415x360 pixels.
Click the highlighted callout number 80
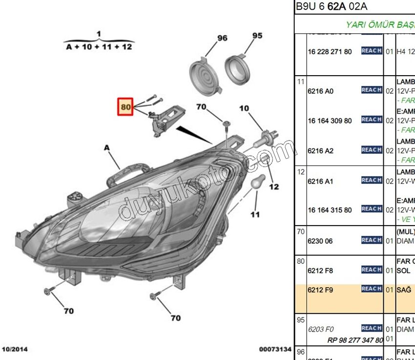[126, 107]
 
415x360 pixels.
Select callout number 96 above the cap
[222, 38]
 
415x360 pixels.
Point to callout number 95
[257, 36]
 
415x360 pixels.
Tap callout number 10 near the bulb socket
[244, 108]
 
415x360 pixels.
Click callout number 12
[274, 186]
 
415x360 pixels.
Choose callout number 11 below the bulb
[255, 214]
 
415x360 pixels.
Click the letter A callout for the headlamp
[106, 147]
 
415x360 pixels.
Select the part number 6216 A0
[321, 91]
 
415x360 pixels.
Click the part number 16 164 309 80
[330, 121]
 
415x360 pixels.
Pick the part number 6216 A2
[321, 151]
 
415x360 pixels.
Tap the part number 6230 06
[320, 241]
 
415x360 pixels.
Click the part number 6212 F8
[320, 271]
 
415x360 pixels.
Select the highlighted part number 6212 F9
[320, 290]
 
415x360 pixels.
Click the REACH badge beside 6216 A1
[372, 180]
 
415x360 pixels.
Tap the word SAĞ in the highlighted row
[404, 290]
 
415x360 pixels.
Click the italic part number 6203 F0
[321, 329]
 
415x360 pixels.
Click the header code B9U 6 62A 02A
[332, 7]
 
